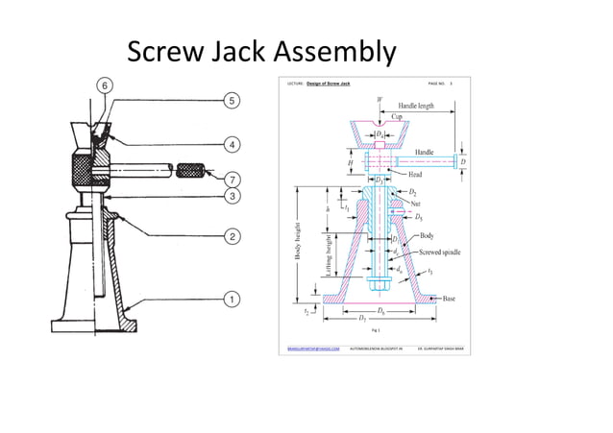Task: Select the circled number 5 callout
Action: (x=232, y=100)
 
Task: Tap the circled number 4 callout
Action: (x=232, y=144)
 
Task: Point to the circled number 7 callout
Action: (x=232, y=179)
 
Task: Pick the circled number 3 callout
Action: (x=232, y=196)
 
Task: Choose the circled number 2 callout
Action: (x=232, y=235)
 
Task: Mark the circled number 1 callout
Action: (x=232, y=299)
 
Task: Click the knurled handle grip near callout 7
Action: (x=192, y=171)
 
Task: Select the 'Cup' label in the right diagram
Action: (x=397, y=115)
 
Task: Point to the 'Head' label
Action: (x=414, y=174)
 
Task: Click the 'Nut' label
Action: (x=416, y=204)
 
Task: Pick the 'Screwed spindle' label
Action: (x=439, y=252)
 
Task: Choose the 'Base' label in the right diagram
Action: (x=449, y=299)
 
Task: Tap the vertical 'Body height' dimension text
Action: (x=284, y=241)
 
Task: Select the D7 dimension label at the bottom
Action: (x=361, y=318)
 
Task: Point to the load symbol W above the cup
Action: (x=380, y=99)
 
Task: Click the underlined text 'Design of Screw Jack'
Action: (x=329, y=84)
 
